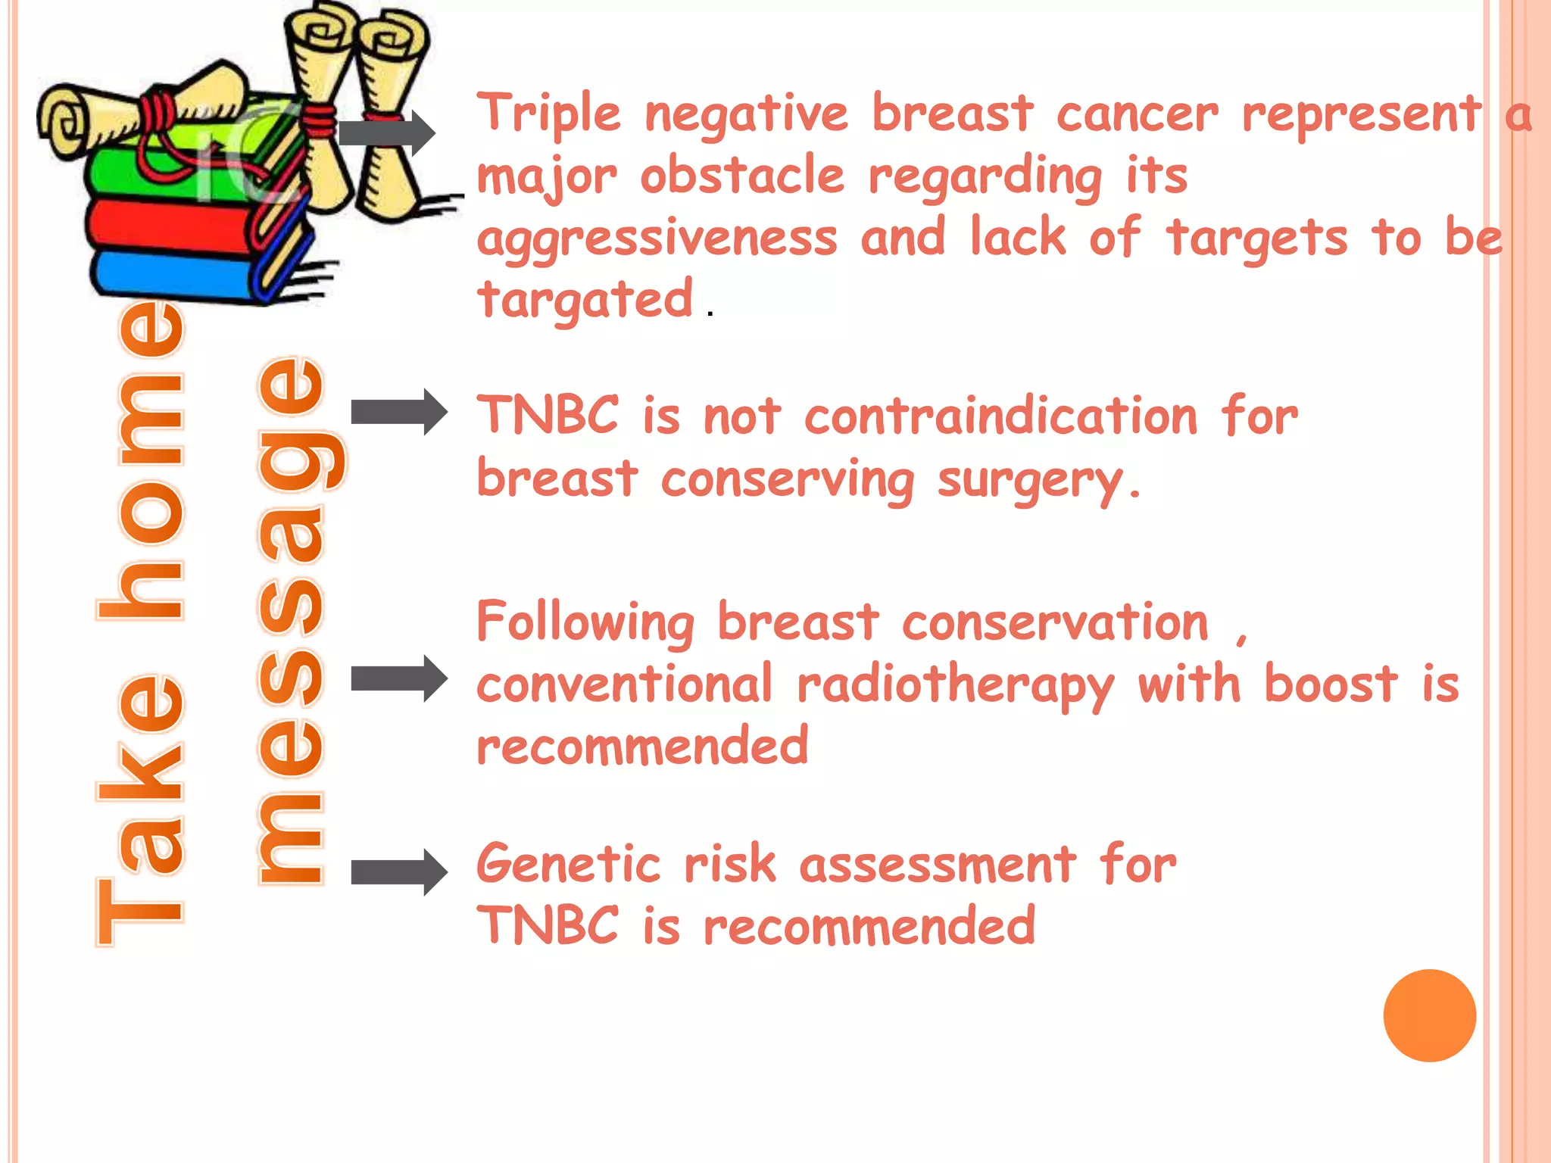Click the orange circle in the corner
pos(1429,1015)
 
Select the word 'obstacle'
pos(742,176)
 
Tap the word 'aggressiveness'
pos(657,239)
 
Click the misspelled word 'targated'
pos(585,300)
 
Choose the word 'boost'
pos(1331,684)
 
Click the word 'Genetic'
pos(569,864)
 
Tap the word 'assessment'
pos(938,864)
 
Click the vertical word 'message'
pos(292,621)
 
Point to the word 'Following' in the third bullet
pos(585,622)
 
